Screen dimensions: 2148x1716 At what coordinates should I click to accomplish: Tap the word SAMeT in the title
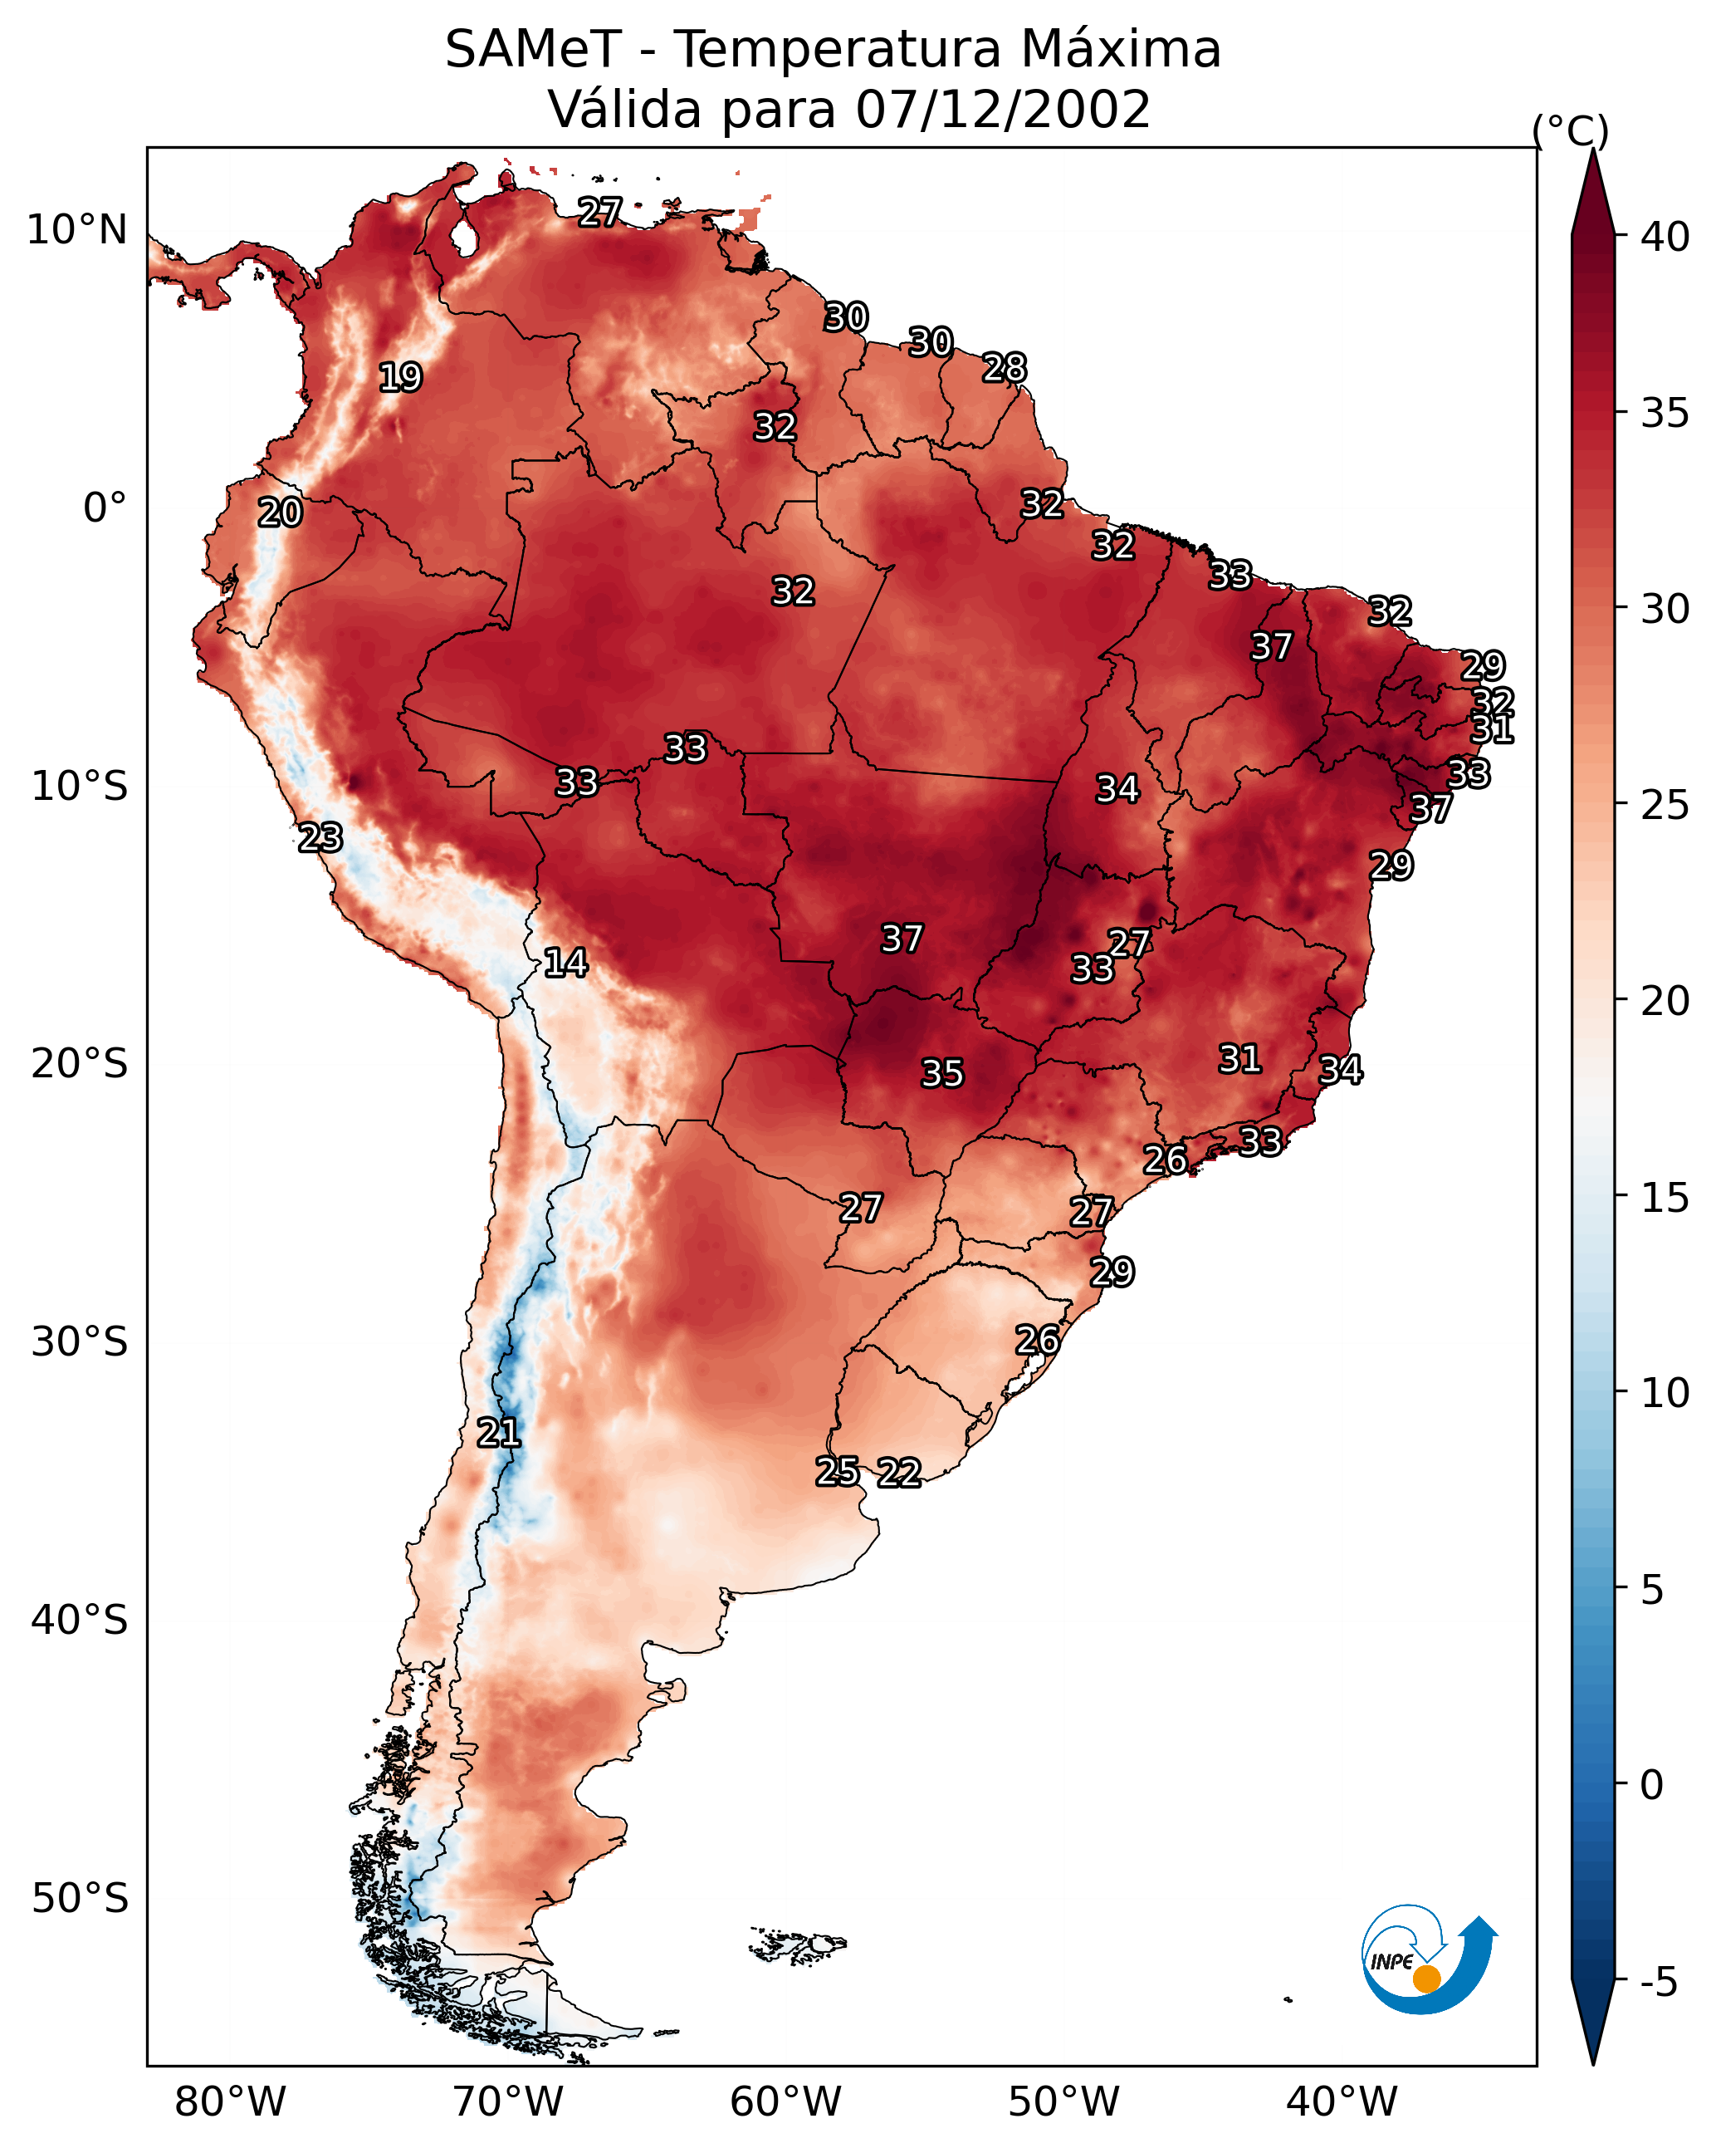533,50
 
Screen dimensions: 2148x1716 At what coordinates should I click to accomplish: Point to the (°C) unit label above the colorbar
1570,130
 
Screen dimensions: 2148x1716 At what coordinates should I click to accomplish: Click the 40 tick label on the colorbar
1665,237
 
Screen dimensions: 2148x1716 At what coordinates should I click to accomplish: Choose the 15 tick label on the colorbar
1665,1198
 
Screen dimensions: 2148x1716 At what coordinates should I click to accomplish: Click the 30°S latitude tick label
80,1342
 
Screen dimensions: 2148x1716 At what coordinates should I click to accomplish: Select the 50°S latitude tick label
80,1899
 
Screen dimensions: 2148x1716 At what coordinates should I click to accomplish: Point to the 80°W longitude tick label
230,2101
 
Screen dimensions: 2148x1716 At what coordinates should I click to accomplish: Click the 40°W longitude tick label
1342,2101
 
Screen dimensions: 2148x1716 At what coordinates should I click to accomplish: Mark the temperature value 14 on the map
565,963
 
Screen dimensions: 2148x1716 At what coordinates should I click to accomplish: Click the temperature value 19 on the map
400,378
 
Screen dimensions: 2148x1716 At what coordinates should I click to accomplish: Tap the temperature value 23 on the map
320,838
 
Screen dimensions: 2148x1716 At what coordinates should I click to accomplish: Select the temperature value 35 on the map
942,1073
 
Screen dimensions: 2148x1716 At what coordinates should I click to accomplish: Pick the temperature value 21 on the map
499,1433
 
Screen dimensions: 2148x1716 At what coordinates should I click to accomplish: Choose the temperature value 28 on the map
1004,368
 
